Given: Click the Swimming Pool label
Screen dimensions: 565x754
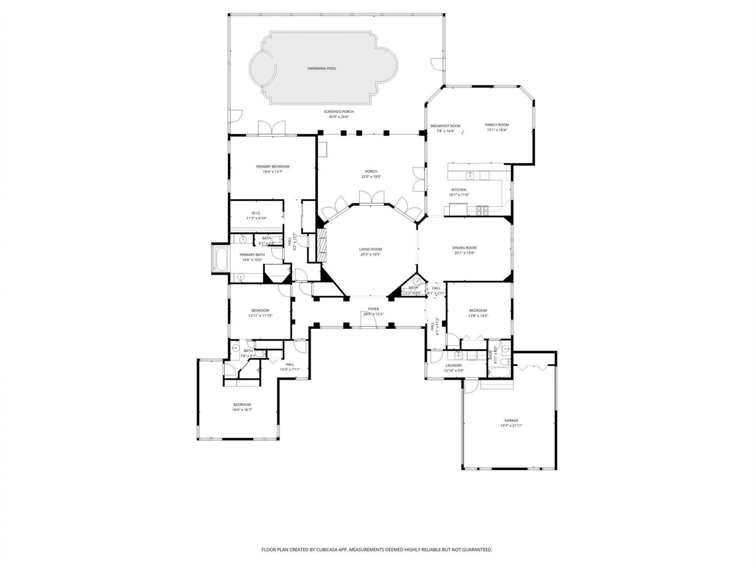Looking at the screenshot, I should click(x=322, y=69).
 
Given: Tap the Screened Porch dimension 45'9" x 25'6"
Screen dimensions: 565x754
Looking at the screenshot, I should click(x=339, y=117).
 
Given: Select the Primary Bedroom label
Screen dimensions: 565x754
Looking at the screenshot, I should click(x=273, y=167).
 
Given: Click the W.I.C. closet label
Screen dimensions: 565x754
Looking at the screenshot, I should click(x=256, y=213).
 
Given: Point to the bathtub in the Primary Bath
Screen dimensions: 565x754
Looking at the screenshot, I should click(x=221, y=259).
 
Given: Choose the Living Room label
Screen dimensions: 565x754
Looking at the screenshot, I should click(x=370, y=249).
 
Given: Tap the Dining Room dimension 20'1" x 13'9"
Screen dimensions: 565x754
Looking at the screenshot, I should click(x=464, y=253).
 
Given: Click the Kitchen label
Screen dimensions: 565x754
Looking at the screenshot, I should click(x=459, y=190).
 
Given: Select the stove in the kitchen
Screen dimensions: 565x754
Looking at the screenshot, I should click(x=483, y=211).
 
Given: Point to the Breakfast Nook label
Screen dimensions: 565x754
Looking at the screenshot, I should click(x=445, y=126).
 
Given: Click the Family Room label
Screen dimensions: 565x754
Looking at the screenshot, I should click(x=497, y=125).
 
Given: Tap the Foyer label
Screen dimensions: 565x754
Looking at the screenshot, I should click(x=373, y=309).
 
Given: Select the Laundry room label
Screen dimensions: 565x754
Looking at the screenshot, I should click(x=454, y=365).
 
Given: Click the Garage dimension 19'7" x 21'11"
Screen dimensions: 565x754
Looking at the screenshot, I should click(x=511, y=426).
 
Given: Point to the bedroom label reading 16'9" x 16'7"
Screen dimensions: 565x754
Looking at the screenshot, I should click(x=242, y=410).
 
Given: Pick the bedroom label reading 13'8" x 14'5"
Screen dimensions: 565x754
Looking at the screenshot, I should click(x=478, y=316).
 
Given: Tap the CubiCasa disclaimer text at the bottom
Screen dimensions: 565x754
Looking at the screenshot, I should click(x=377, y=550).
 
